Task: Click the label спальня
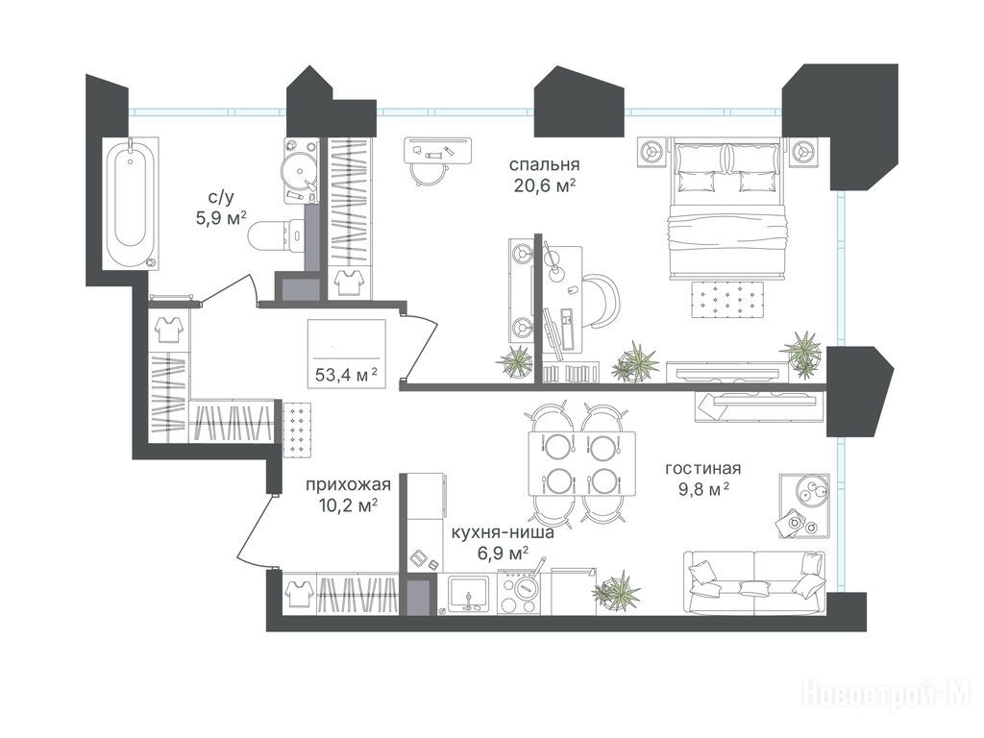coord(544,165)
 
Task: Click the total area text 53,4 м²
coord(346,376)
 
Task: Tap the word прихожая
coord(348,484)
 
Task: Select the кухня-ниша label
coord(503,532)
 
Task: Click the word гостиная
coord(702,468)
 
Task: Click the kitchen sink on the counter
coord(469,593)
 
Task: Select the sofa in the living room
coord(754,581)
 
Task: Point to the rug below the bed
coord(728,300)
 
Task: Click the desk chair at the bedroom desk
coord(602,301)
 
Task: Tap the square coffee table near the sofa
coord(804,505)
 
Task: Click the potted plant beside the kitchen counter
coord(618,591)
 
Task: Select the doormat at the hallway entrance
coord(298,430)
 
